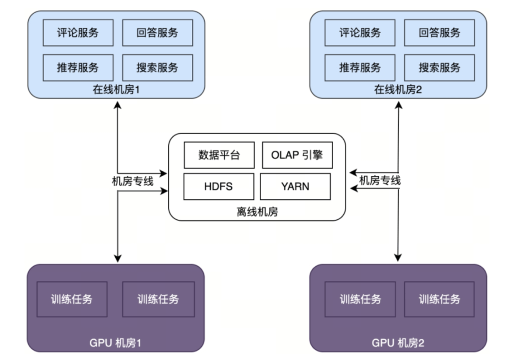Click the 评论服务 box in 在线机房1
click(78, 33)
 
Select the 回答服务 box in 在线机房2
click(439, 33)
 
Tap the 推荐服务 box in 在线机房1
click(78, 67)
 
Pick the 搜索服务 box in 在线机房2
click(439, 67)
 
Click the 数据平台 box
click(219, 155)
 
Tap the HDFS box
click(219, 186)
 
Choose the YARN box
click(295, 186)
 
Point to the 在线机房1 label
click(116, 89)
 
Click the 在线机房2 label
click(398, 89)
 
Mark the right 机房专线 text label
click(380, 180)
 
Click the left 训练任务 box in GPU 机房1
click(72, 299)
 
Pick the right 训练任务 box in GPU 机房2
click(439, 299)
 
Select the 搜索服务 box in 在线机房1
click(157, 67)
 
